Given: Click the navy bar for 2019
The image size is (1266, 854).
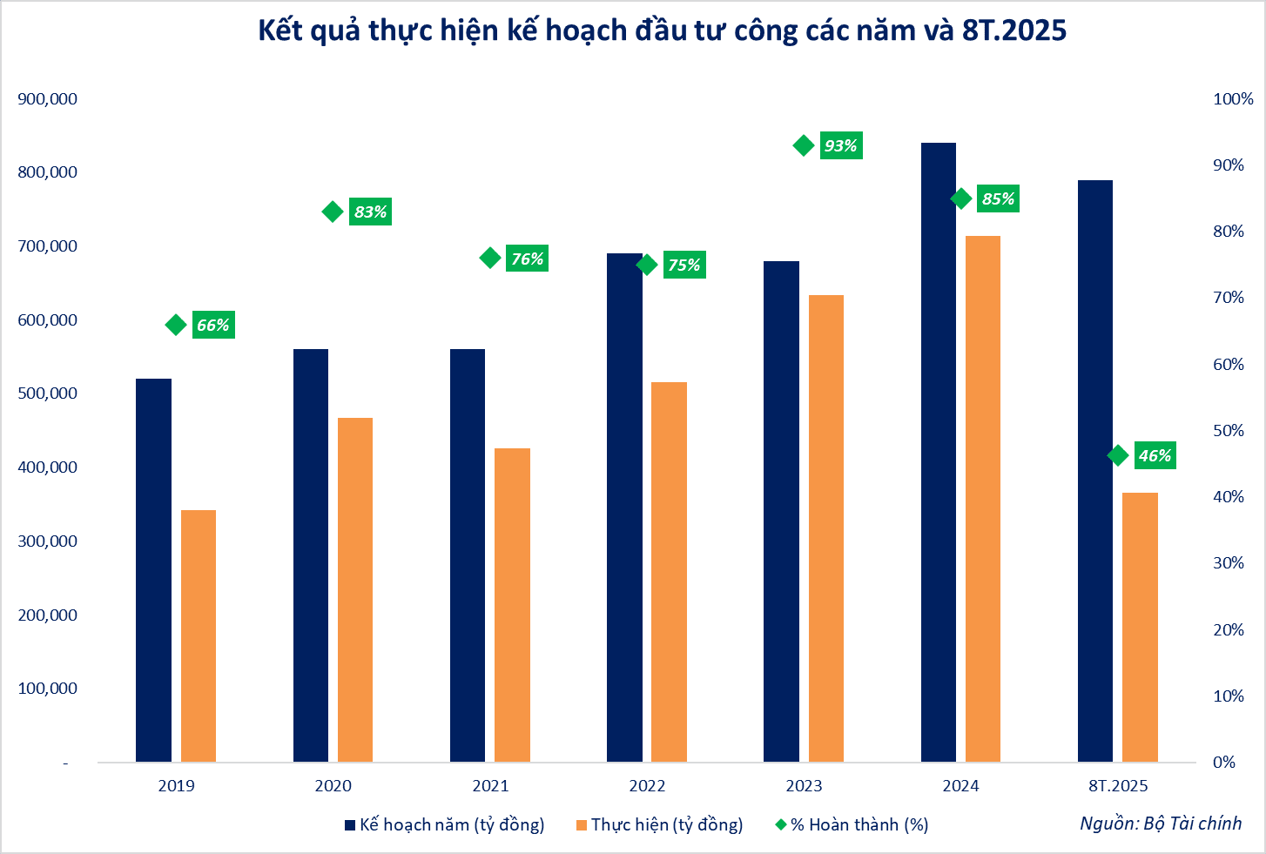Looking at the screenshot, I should coord(153,570).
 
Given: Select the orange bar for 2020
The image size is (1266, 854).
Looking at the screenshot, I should coord(355,590).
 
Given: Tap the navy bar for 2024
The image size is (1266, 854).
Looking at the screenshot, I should coord(939,453).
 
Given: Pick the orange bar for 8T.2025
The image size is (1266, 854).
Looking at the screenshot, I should coord(1140,627).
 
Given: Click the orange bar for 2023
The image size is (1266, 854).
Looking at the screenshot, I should coord(826,528).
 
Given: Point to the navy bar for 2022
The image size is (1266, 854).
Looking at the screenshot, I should coord(624,508).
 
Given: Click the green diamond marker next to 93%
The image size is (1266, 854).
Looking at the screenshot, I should coord(804,145).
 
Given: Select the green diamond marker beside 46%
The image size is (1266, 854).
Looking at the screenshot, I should coord(1118,455).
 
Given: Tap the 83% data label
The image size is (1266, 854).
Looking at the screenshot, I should coord(370,212).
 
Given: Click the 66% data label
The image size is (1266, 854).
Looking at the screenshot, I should coord(213,326).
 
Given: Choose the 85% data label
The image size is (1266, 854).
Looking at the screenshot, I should coord(998,199).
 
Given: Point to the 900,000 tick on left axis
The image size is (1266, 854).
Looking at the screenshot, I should coord(48,99).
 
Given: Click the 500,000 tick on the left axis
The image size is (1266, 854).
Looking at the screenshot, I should coord(48,393).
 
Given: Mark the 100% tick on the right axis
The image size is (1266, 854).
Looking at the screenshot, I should coord(1233,99).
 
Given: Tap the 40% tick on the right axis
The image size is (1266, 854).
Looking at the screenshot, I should coord(1229,497).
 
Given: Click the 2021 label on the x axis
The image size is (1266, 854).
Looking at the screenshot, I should coord(490,786).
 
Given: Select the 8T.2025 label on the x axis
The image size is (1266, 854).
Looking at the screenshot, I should coord(1118,786).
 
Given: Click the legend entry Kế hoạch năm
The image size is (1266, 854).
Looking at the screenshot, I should coord(444,824).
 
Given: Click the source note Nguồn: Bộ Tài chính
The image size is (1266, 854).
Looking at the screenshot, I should coord(1161,824).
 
